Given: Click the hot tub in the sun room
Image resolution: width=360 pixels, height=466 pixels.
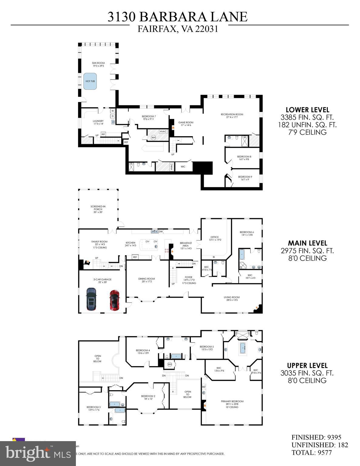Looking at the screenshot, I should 90,81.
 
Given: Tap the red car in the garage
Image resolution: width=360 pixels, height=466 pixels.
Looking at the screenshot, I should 114,300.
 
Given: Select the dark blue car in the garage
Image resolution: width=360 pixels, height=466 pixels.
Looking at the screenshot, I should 91,299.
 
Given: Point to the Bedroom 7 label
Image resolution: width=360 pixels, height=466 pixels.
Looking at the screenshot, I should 149,118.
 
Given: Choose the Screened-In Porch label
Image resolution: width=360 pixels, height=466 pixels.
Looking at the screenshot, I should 98,209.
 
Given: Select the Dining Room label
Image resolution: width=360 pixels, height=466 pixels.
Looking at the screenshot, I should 147,280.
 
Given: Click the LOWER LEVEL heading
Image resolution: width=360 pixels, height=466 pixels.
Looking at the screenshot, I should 307,110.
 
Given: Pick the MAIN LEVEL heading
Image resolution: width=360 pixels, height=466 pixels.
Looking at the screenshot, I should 307,243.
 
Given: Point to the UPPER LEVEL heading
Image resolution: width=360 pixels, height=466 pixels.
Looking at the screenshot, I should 307,366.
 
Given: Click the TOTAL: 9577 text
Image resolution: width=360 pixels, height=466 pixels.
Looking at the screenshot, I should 311,452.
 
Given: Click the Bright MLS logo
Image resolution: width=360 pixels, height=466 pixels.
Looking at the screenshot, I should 28,453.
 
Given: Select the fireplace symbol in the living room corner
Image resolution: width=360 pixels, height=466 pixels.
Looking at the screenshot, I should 257,308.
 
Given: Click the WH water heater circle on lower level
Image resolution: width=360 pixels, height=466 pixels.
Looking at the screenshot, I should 154,137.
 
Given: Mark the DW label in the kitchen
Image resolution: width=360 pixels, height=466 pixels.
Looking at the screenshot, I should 161,231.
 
